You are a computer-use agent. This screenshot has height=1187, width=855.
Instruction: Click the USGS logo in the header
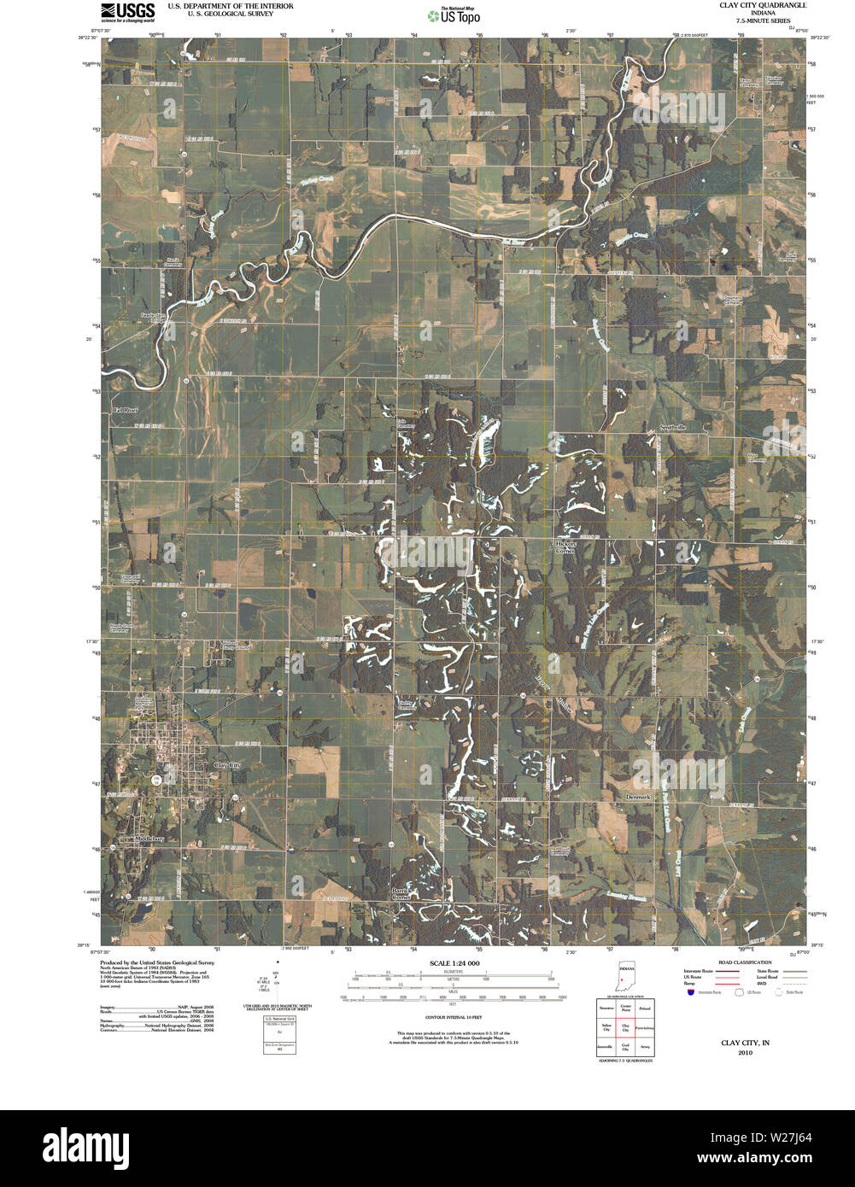[128, 10]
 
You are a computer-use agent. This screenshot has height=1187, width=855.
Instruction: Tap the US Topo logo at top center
[454, 15]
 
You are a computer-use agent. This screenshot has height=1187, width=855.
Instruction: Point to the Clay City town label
[228, 765]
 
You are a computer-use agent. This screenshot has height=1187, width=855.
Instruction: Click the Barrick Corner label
[401, 893]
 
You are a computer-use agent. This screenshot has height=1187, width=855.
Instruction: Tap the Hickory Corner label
[566, 547]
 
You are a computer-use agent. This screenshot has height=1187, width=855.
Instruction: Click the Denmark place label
[637, 797]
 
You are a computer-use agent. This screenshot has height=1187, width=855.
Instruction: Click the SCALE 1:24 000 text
[454, 963]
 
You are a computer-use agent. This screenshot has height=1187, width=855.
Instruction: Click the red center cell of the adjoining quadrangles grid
[626, 1027]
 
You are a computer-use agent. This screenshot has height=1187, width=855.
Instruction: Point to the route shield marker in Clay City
[156, 781]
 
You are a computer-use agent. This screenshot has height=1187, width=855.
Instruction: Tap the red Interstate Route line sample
[727, 972]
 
